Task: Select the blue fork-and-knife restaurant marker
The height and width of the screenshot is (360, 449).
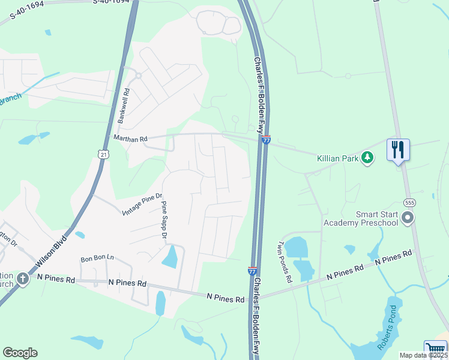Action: coord(398,149)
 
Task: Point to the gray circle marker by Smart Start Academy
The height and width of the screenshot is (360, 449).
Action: coord(408,217)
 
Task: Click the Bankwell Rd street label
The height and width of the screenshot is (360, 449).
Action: coord(124,106)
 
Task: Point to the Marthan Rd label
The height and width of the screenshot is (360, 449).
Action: coord(130,139)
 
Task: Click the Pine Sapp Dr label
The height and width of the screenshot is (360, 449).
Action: coord(163,219)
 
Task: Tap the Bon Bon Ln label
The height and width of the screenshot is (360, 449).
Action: coord(97,258)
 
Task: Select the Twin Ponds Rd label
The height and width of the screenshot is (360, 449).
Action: coord(284,262)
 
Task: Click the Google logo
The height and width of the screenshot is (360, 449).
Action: coord(20,353)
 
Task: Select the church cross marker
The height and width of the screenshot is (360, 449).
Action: coord(22,278)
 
